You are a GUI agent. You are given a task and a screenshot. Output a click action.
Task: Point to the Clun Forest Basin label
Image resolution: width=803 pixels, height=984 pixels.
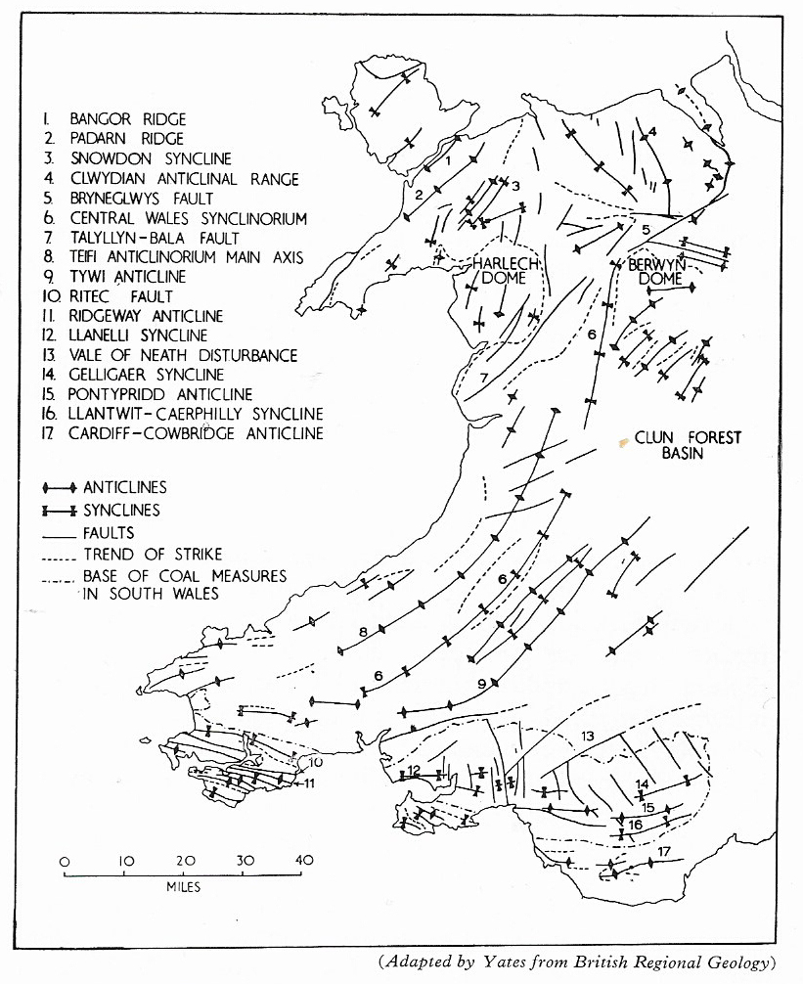[688, 445]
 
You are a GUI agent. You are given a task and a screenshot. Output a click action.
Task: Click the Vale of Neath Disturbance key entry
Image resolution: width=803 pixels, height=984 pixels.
[170, 355]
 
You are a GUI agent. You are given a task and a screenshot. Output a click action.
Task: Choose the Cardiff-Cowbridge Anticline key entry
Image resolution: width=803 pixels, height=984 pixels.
[183, 433]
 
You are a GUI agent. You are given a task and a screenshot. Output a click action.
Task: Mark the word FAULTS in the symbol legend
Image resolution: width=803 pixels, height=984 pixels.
[109, 533]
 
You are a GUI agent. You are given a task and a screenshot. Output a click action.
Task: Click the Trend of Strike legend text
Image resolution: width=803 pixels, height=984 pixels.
[153, 555]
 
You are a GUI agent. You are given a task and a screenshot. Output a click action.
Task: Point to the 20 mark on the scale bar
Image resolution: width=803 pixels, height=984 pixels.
[185, 861]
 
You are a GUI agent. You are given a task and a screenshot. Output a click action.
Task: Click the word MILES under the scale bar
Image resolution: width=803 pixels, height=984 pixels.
[183, 887]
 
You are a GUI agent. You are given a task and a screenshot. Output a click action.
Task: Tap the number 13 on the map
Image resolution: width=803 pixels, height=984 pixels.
[587, 736]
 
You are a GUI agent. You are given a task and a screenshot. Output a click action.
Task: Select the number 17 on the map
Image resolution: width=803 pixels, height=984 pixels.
[664, 851]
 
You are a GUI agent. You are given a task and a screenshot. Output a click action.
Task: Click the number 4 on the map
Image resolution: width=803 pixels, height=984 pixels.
[652, 132]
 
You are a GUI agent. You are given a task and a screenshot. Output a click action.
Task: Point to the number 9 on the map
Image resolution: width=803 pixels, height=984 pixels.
[482, 684]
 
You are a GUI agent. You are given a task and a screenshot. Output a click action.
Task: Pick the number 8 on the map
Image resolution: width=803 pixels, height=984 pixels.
[363, 632]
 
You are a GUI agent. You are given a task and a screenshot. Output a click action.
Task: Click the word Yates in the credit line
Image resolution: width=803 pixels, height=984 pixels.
[505, 962]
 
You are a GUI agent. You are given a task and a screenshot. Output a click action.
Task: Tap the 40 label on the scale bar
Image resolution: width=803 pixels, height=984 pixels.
[304, 860]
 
